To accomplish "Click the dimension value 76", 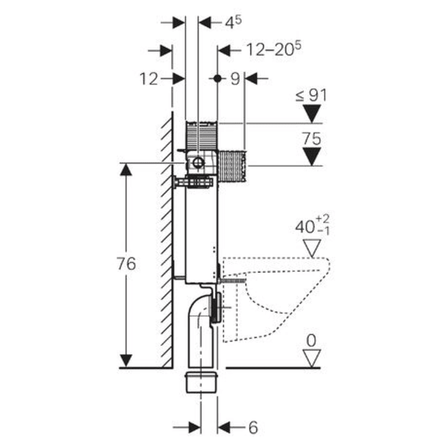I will click(x=127, y=264).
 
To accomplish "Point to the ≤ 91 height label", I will click(x=311, y=96).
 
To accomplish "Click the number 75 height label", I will click(x=312, y=139).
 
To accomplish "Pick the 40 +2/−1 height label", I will click(x=312, y=226).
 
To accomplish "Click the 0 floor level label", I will click(x=311, y=341).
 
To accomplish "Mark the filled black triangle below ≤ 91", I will click(x=311, y=114).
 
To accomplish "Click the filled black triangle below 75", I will click(x=311, y=156).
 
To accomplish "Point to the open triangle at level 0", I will click(x=311, y=359).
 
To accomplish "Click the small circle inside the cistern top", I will click(x=199, y=163).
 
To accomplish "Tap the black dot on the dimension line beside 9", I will click(x=217, y=78).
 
